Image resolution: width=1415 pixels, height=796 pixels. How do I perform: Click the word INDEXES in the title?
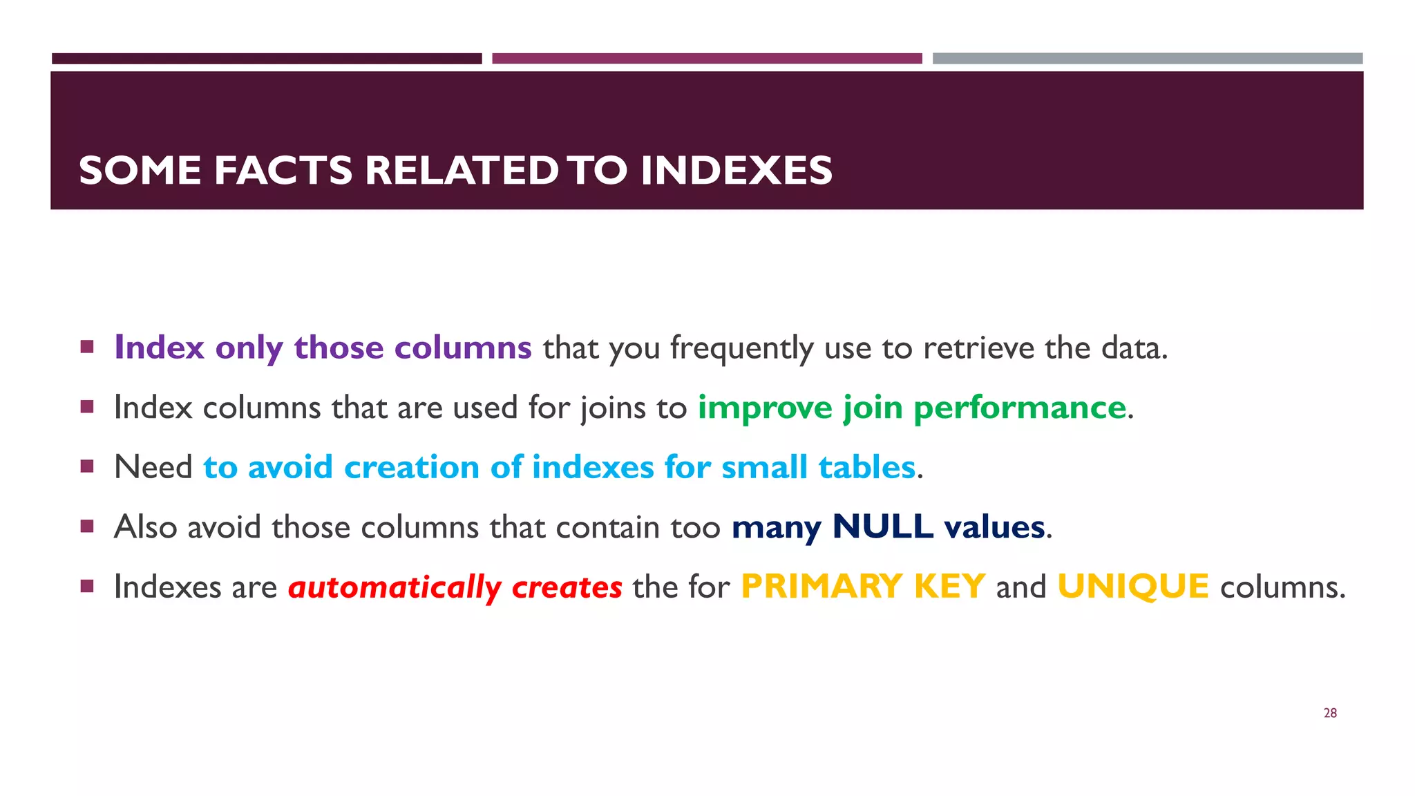(x=736, y=171)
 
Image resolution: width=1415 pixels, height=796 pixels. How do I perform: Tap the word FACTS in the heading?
(x=283, y=171)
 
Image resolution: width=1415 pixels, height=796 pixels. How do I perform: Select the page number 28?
(x=1330, y=713)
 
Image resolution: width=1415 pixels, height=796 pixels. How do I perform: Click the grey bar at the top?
(x=1147, y=59)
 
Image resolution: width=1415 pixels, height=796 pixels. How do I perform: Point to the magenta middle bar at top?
(x=707, y=59)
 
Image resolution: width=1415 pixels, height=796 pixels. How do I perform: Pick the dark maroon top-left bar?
(x=267, y=59)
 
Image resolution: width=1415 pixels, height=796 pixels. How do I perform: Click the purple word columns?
(x=462, y=348)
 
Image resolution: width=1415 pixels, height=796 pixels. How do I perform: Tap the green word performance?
(x=1020, y=408)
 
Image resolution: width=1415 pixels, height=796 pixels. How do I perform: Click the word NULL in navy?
(x=883, y=527)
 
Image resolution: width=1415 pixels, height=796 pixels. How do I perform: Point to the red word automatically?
(x=395, y=587)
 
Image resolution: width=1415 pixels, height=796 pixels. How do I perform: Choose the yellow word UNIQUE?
(x=1133, y=587)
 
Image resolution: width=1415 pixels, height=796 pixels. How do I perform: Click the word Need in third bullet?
(x=153, y=467)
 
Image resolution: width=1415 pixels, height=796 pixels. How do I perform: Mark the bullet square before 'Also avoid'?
(x=87, y=527)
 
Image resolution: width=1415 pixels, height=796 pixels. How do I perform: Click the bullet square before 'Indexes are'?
(x=87, y=586)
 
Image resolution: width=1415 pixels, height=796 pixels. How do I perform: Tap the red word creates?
(x=567, y=587)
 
